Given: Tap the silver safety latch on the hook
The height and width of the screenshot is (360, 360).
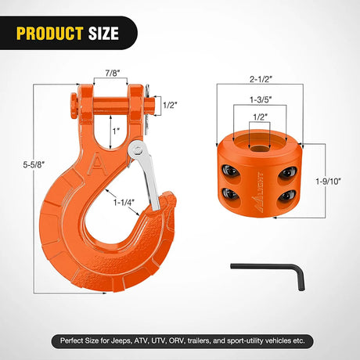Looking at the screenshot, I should tap(149, 176).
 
